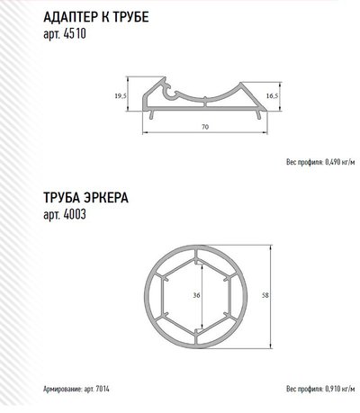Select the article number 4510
(x=75, y=33)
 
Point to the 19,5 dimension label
(x=121, y=96)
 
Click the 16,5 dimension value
(x=272, y=95)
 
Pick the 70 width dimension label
(x=205, y=127)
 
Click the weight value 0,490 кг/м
(x=340, y=162)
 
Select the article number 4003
(x=75, y=214)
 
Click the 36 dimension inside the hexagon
(x=196, y=296)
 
